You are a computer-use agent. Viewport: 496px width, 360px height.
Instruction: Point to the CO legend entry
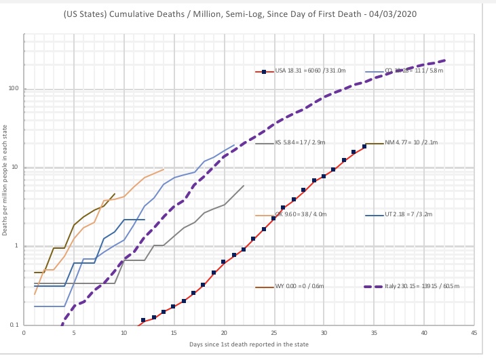point(404,71)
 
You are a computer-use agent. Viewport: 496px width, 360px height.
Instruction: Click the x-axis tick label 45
point(474,332)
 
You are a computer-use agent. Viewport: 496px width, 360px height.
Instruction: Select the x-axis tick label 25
point(273,332)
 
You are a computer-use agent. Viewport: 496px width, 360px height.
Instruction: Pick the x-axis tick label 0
point(24,332)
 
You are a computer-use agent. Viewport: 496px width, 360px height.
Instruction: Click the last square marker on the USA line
point(364,146)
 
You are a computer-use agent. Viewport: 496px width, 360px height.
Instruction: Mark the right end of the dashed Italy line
point(444,60)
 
